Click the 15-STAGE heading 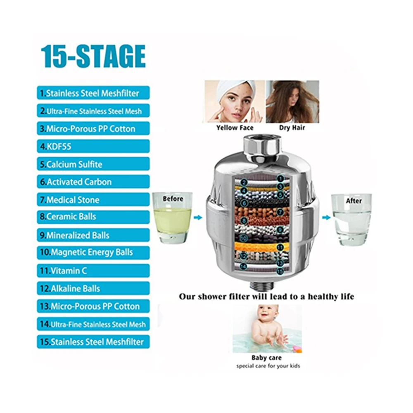93,56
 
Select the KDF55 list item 93,146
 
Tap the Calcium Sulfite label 93,164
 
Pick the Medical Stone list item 93,199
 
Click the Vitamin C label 93,271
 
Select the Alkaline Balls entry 93,288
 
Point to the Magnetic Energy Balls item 93,253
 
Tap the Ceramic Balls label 93,217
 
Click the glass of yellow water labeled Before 173,218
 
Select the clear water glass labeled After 351,220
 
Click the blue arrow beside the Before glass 198,218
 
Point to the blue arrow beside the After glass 326,218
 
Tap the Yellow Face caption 235,128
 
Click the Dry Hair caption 292,128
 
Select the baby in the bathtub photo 267,328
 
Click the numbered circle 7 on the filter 280,212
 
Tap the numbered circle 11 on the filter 280,247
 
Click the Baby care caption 266,358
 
